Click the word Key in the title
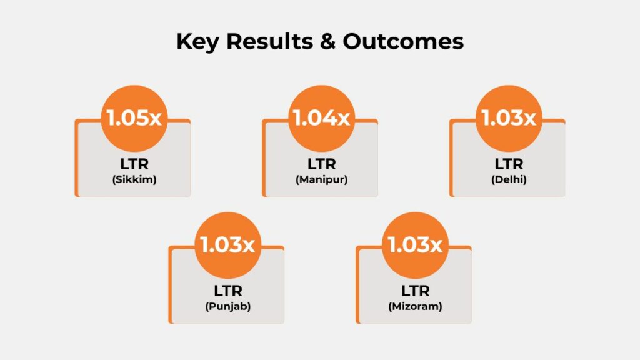click(197, 42)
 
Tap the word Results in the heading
click(270, 41)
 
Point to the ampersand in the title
click(327, 41)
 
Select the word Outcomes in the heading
click(403, 41)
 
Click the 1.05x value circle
click(134, 118)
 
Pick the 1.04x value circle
click(322, 118)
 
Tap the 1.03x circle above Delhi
click(509, 118)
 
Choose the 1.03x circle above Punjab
click(227, 245)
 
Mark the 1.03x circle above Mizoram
click(415, 245)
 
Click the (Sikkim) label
click(134, 179)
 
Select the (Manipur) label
click(322, 179)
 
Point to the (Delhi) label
click(509, 179)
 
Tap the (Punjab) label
click(227, 306)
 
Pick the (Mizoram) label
click(415, 306)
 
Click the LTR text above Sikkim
click(134, 164)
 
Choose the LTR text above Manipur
click(322, 164)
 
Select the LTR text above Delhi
click(509, 164)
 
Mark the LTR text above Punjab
click(227, 291)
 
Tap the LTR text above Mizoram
click(415, 291)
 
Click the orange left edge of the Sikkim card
click(76, 158)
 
